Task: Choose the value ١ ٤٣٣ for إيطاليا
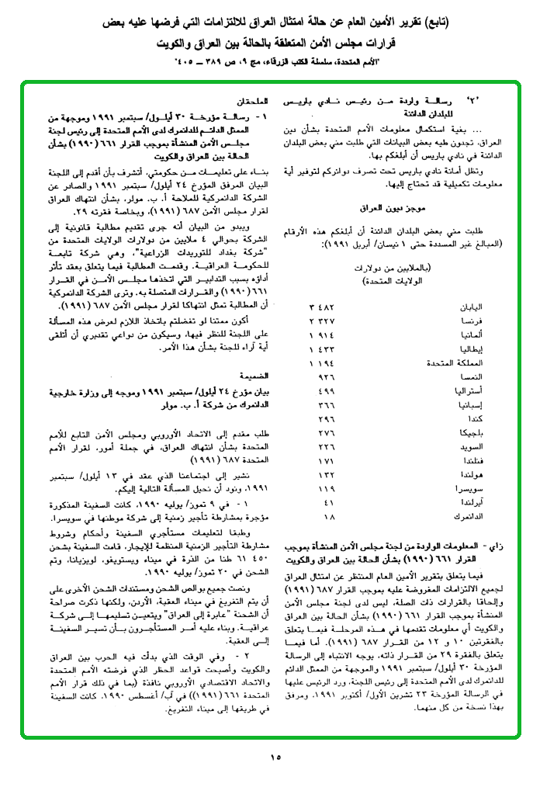click(321, 348)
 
